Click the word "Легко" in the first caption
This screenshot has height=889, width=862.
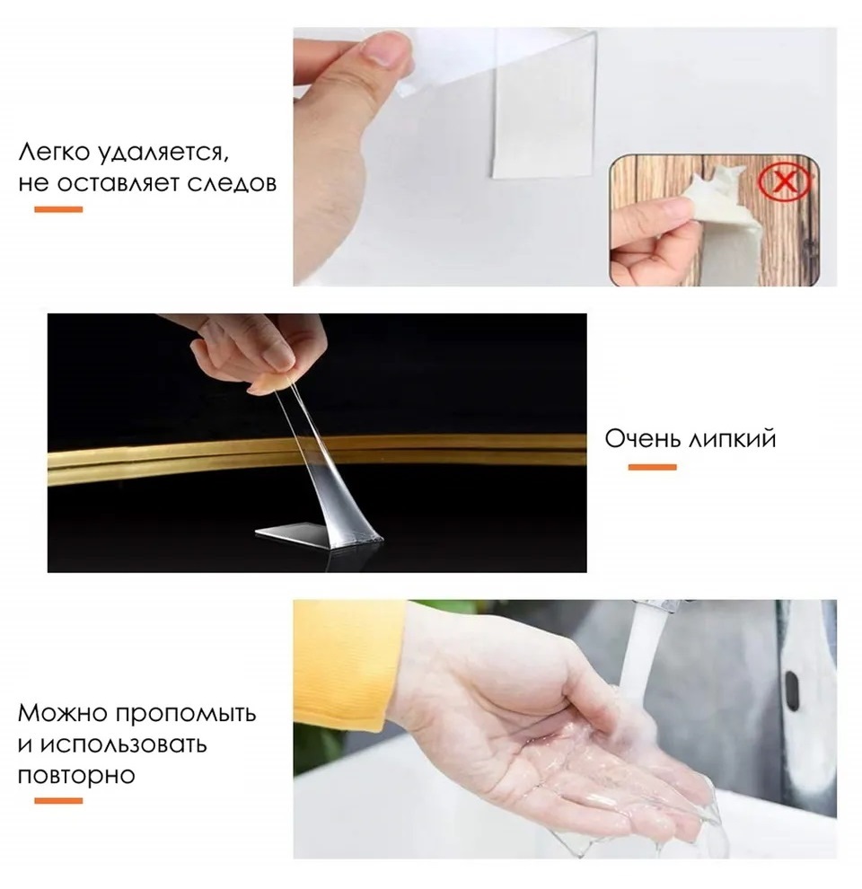[x=54, y=152]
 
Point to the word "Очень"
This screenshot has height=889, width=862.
[x=643, y=438]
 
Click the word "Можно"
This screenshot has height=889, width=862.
[x=62, y=713]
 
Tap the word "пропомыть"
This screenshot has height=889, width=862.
[x=186, y=715]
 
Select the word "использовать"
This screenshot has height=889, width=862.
[x=112, y=744]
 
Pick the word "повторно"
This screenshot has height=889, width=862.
[x=76, y=776]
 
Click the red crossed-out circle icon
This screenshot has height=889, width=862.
[x=785, y=182]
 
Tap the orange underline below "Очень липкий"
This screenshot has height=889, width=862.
[x=652, y=467]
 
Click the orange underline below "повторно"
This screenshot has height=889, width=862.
[x=58, y=801]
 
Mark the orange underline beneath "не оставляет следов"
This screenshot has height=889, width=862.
[x=58, y=209]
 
